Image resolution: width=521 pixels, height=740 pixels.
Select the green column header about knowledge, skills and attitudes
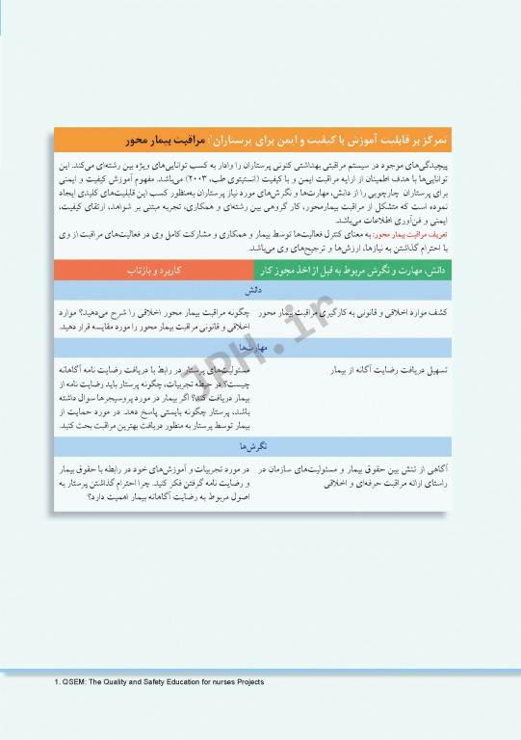pos(363,272)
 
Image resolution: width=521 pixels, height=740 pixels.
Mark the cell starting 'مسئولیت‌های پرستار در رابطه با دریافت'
pos(155,396)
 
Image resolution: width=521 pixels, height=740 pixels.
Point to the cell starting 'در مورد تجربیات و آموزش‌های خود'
pos(155,481)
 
